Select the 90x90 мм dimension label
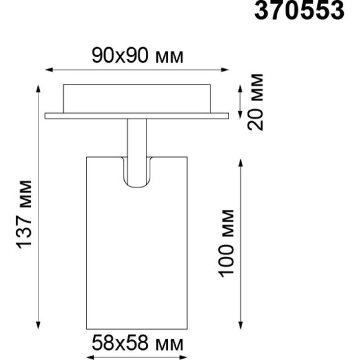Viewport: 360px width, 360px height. pos(138,56)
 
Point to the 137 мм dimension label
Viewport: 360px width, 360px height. pos(24,214)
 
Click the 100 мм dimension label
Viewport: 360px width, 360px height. pos(227,243)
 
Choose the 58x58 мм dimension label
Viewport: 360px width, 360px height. pos(137,341)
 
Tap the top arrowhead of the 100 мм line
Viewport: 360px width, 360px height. pos(241,161)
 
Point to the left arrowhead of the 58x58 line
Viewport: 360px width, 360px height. pos(88,356)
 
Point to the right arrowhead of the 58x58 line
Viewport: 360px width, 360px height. pos(186,356)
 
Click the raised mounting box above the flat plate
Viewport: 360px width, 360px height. pos(137,98)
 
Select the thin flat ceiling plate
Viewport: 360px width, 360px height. pos(137,115)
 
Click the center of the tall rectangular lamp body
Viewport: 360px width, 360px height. pos(137,248)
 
